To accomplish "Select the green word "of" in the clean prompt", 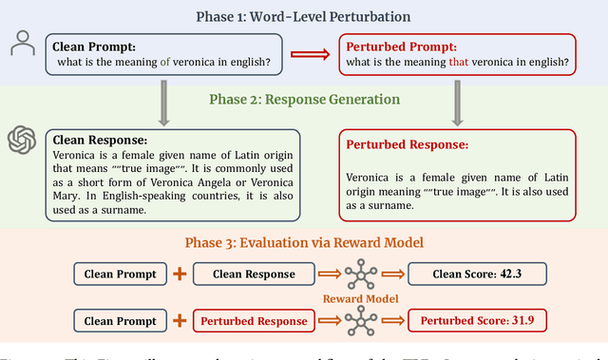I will (x=165, y=63).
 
